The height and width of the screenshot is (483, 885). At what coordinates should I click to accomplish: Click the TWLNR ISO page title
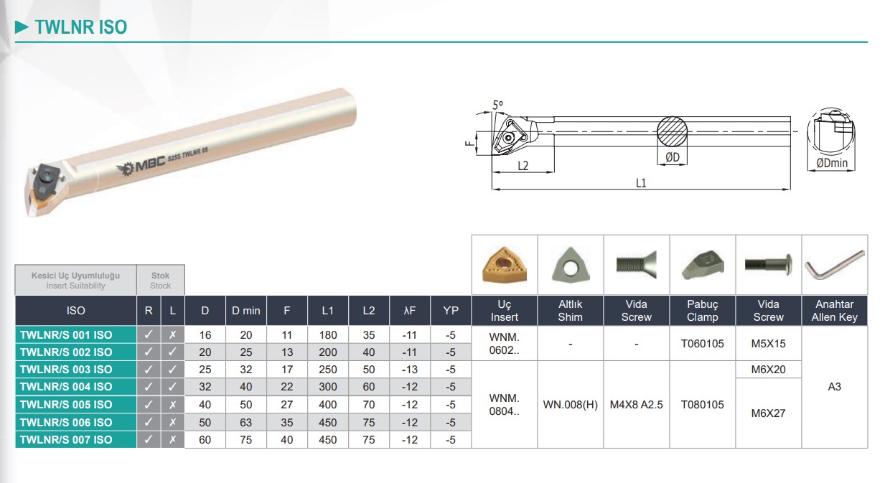click(81, 27)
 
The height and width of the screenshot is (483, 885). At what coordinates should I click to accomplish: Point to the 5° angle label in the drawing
click(497, 105)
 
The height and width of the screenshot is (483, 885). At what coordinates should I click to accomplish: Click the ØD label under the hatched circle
click(672, 157)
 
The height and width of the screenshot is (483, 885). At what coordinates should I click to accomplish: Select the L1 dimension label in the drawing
click(641, 183)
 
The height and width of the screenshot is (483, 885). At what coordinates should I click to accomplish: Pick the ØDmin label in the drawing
click(832, 163)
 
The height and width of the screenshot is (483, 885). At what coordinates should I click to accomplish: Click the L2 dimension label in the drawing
click(523, 166)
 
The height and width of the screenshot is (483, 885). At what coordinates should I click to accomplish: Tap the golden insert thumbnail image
click(504, 265)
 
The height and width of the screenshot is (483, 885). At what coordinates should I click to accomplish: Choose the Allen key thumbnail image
click(835, 265)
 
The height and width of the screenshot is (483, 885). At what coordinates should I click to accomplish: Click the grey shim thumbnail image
click(570, 265)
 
